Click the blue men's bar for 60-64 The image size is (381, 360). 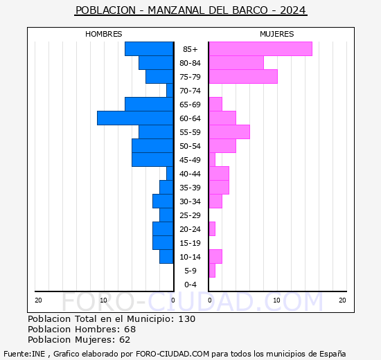click(135, 118)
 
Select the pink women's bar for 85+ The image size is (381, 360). click(260, 49)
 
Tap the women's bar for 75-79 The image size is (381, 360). click(243, 77)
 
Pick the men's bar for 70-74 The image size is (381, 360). click(170, 91)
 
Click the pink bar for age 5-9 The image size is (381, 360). click(212, 271)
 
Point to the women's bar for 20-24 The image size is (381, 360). click(212, 229)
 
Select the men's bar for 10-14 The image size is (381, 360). click(166, 257)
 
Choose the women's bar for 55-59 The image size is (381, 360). click(229, 132)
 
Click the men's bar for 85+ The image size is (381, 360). click(149, 49)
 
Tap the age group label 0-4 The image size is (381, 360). click(190, 285)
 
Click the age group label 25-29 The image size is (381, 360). click(190, 215)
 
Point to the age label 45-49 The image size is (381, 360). click(190, 160)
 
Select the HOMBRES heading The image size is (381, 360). click(103, 34)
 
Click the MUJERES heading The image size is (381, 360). click(277, 34)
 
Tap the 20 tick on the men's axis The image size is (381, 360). click(38, 300)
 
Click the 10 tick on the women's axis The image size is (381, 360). click(277, 300)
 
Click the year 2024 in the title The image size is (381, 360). click(293, 10)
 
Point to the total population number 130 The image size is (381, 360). click(187, 318)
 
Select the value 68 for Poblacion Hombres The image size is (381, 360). click(130, 329)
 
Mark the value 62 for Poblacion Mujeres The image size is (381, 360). click(125, 340)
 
